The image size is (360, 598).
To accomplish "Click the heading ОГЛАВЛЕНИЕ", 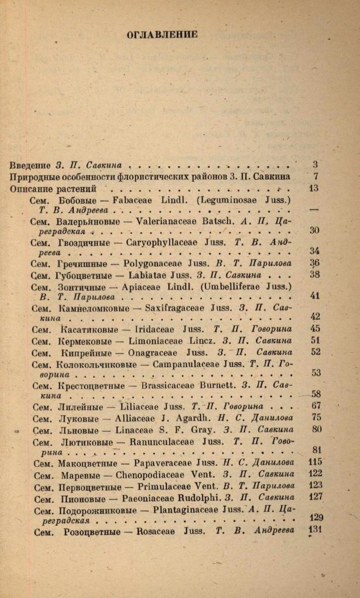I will click(162, 35).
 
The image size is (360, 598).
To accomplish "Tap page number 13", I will click(314, 189).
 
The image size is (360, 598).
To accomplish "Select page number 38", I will click(314, 275).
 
